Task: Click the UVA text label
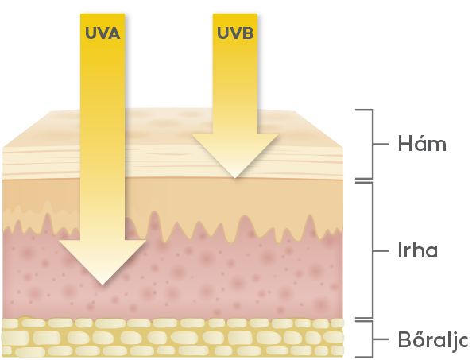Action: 103,33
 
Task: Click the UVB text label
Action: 235,33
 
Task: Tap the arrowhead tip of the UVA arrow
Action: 103,285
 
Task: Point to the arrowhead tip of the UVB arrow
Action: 234,178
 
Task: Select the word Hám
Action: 422,144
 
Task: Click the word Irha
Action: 418,250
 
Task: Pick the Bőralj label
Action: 434,340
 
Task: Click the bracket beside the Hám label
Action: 373,144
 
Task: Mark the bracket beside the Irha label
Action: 373,250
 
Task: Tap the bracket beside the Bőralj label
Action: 373,339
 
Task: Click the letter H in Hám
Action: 404,144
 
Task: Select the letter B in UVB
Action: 247,33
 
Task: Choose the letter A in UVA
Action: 114,33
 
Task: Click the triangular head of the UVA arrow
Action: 103,258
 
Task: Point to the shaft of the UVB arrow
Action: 235,74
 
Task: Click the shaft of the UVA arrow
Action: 103,126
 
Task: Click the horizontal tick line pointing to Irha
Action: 381,250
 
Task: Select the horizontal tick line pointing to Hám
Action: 381,144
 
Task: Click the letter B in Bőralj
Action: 404,340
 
